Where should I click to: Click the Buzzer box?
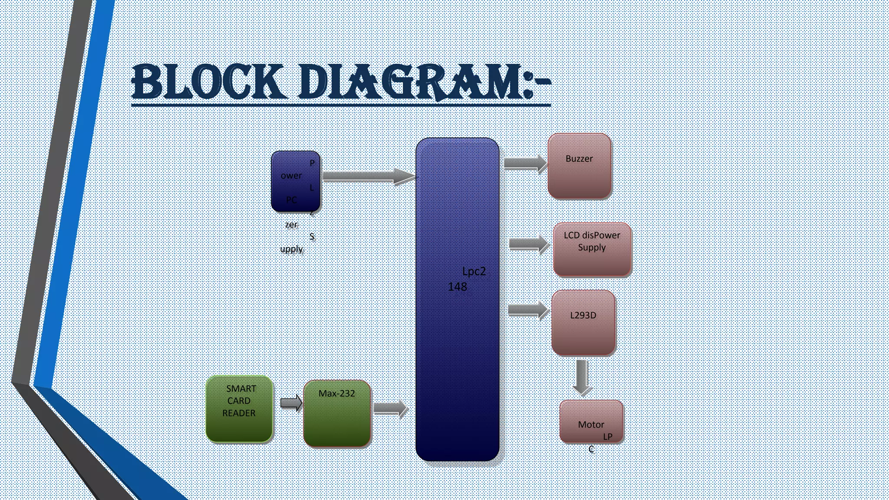tap(579, 166)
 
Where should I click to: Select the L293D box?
tap(583, 323)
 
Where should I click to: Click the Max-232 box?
tap(337, 414)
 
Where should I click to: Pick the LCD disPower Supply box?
tap(592, 249)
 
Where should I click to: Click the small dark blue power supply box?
tap(296, 181)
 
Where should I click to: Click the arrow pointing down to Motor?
tap(582, 377)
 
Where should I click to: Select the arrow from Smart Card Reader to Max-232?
tap(291, 403)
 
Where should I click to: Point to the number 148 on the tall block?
tap(458, 287)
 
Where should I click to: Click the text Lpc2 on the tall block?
tap(474, 272)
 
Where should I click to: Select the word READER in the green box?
tap(239, 413)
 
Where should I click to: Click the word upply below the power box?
tap(291, 249)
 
